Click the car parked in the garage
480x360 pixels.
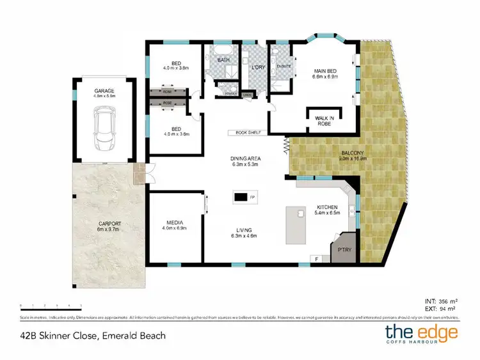104,127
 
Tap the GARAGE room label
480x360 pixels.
104,91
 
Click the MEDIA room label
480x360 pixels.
175,224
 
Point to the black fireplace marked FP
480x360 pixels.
241,197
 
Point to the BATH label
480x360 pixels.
223,60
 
